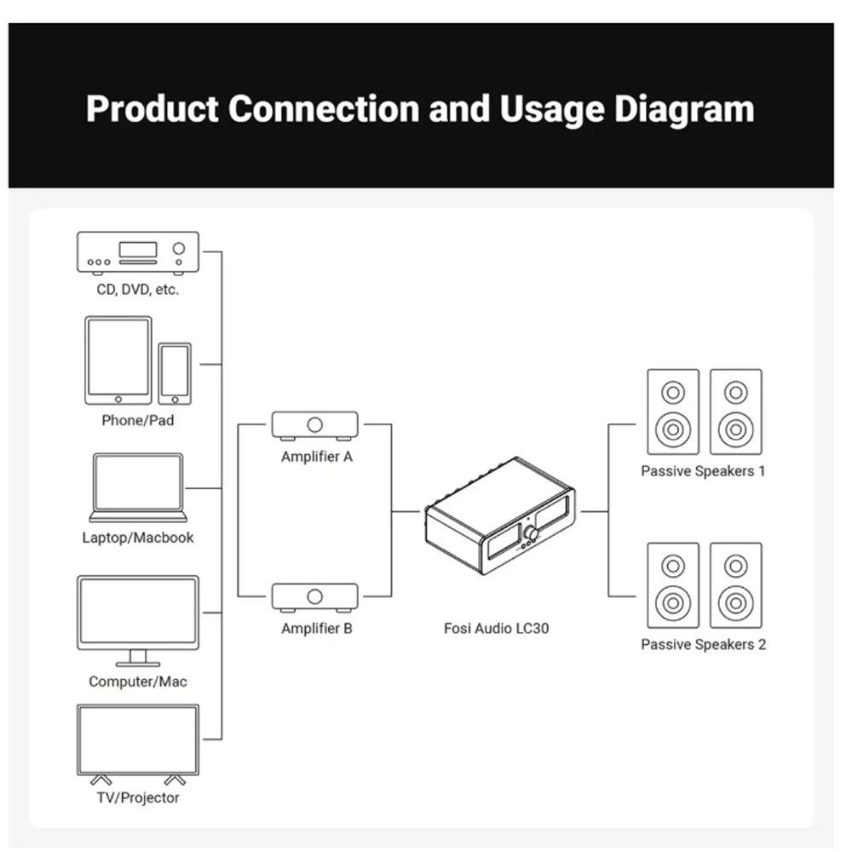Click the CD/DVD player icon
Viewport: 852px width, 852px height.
pos(138,253)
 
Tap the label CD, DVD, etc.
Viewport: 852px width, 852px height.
pos(138,290)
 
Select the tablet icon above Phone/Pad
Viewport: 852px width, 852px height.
pos(118,360)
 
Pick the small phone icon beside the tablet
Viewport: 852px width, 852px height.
pos(175,373)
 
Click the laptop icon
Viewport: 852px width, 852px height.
pos(138,487)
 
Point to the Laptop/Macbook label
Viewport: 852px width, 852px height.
pos(138,538)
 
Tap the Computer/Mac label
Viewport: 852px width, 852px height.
pos(138,682)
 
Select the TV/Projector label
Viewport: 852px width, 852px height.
pos(138,797)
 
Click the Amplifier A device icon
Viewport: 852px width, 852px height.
pos(315,424)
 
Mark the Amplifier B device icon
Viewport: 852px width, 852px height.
pos(315,596)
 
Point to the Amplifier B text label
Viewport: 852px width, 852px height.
pos(317,629)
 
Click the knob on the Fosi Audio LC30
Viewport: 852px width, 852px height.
pos(532,533)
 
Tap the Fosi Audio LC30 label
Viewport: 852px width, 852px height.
pos(497,629)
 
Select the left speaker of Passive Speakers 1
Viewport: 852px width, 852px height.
pos(673,412)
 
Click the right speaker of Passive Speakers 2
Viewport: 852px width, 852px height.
pos(735,585)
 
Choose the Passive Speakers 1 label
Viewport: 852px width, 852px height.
pos(704,471)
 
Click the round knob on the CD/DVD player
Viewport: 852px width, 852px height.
pos(179,249)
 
